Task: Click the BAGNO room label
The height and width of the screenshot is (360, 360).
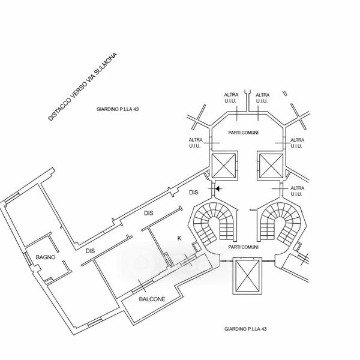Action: click(x=46, y=257)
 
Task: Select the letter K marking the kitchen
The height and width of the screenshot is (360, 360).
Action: click(x=179, y=238)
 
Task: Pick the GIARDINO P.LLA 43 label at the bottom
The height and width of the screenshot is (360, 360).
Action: click(x=245, y=329)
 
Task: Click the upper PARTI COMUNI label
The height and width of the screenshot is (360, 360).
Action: click(x=244, y=132)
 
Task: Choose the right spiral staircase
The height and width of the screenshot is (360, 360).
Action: click(x=277, y=219)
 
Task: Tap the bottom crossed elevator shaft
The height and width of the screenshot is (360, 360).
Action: click(x=247, y=276)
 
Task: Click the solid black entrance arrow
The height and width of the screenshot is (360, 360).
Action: click(x=218, y=188)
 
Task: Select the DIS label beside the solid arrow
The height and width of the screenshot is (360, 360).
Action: click(x=193, y=193)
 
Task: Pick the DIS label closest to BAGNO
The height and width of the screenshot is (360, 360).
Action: click(x=90, y=251)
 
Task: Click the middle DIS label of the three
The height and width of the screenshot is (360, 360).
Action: click(x=149, y=213)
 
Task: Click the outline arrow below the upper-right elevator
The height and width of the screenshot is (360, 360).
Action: click(x=277, y=188)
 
